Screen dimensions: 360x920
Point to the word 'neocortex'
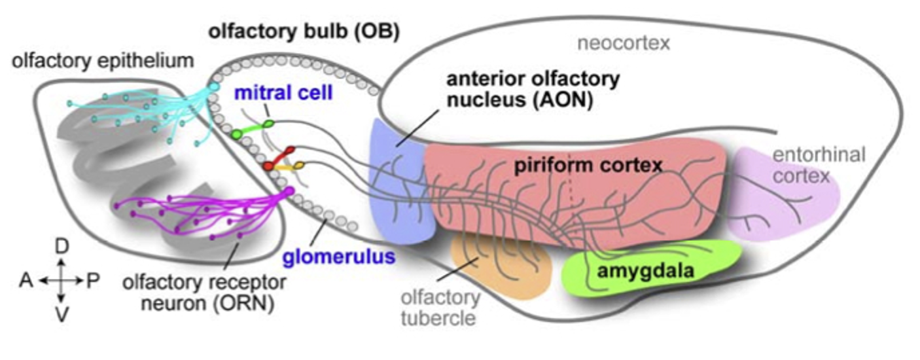pos(624,44)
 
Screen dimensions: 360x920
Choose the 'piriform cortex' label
pos(589,166)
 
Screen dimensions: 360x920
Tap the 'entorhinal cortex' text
pos(818,165)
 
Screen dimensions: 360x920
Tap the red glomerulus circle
pos(269,168)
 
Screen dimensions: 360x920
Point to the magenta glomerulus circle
pos(289,191)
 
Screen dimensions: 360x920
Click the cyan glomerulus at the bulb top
pos(213,86)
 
